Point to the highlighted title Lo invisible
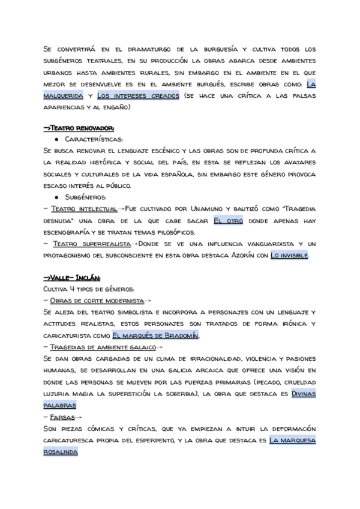coord(290,256)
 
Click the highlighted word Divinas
coord(304,393)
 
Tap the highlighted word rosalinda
coord(61,451)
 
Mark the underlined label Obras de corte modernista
coord(96,301)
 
